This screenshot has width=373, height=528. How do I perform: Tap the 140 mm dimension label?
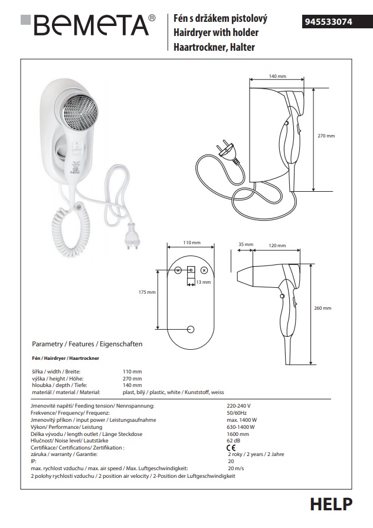click(277, 77)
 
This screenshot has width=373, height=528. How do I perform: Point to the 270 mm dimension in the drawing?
click(326, 136)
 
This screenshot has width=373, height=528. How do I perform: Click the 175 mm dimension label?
click(147, 292)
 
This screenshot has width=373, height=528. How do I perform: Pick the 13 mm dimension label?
click(203, 283)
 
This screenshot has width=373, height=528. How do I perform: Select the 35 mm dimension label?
click(246, 244)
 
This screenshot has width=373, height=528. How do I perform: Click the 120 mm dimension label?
click(277, 244)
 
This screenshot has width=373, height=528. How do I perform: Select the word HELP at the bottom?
click(331, 504)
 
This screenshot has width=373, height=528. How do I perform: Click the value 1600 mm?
click(237, 434)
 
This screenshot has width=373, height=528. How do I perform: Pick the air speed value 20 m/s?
click(235, 468)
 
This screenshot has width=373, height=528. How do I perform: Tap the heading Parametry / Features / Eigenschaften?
click(87, 344)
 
